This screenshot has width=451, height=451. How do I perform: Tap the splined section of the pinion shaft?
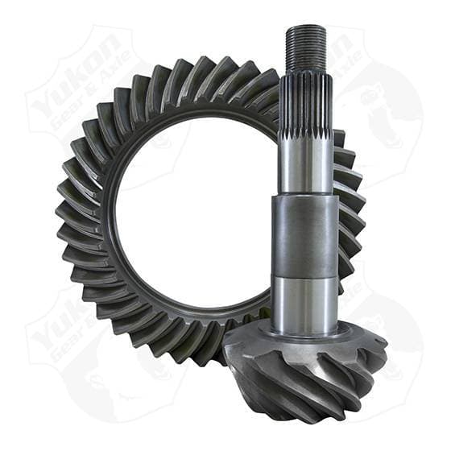(x=305, y=105)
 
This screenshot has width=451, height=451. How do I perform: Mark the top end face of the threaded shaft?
(x=305, y=29)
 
